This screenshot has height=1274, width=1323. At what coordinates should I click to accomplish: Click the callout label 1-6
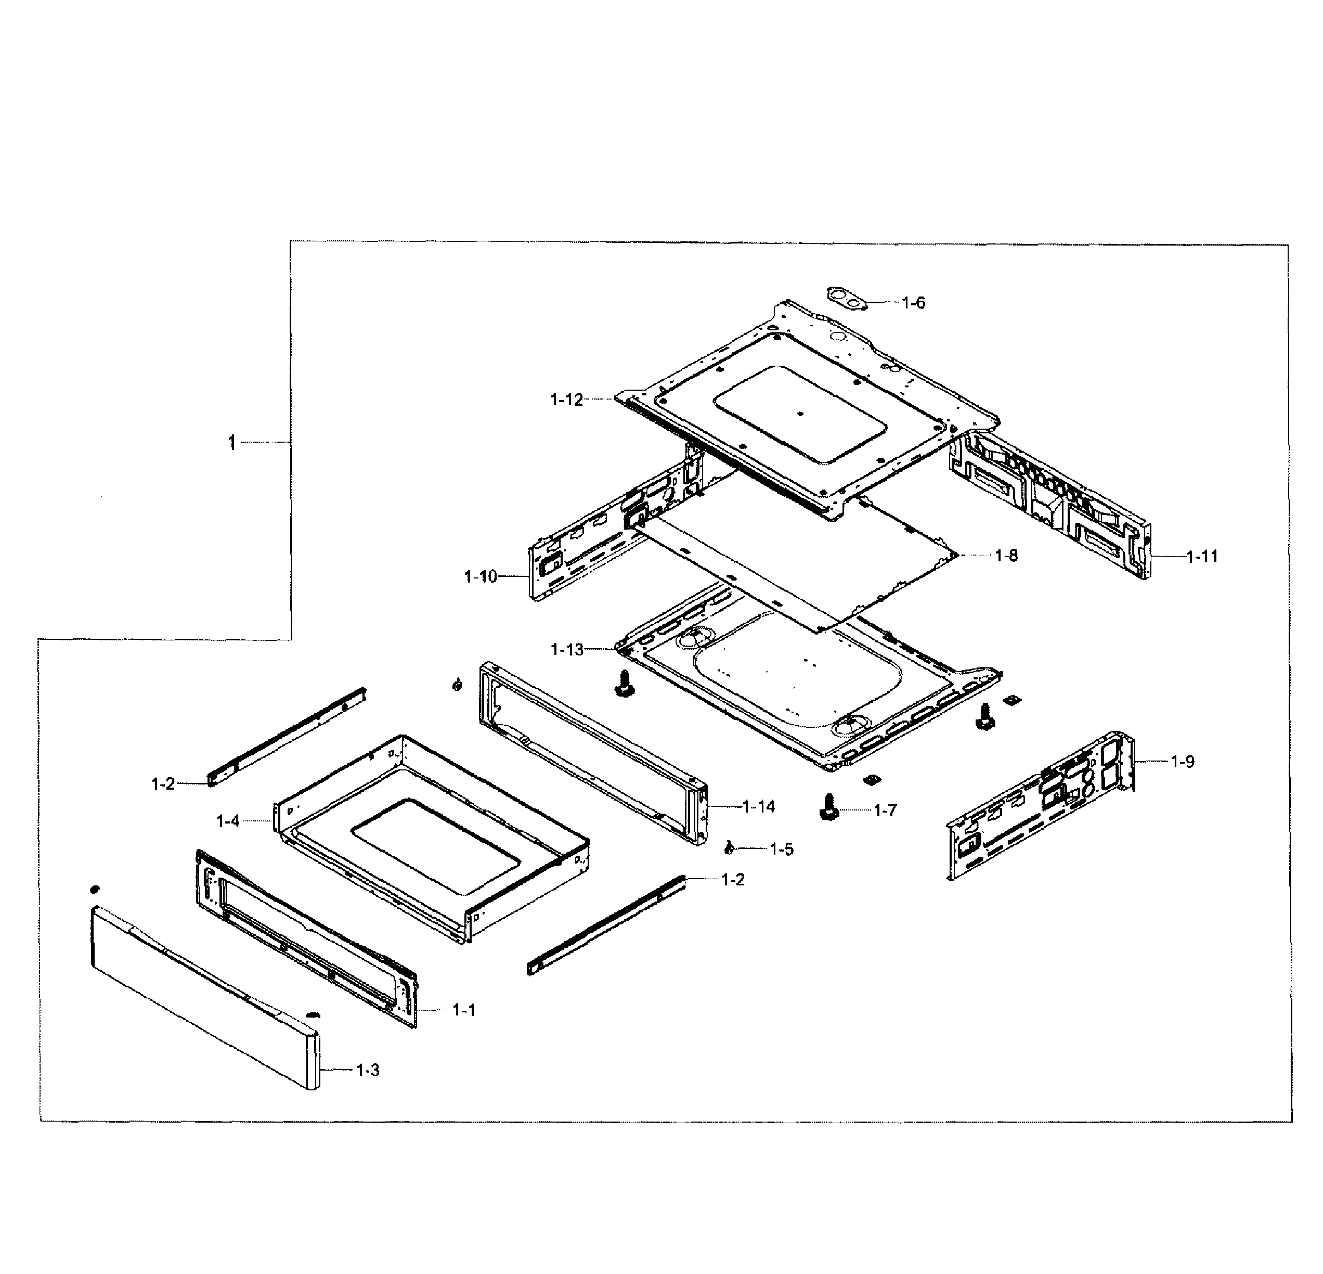pos(913,303)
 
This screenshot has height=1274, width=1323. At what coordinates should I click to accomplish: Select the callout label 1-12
pos(566,400)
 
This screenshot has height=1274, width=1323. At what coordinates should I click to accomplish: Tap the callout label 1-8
pos(1006,556)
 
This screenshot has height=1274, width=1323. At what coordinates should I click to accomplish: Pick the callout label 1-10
pos(481,576)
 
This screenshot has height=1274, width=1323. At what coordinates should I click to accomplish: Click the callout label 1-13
pos(567,650)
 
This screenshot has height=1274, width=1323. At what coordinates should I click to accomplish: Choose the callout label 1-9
pos(1182,762)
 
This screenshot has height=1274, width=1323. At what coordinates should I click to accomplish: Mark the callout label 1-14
pos(758,806)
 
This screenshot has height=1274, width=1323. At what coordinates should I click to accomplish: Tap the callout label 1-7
pos(885,811)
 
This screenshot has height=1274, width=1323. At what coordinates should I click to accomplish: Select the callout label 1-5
pos(782,850)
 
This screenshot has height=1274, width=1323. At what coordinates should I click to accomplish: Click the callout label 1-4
pos(228,821)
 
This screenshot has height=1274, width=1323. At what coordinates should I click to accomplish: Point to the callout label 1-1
pos(464,1010)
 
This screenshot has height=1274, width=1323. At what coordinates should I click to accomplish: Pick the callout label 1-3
pos(368,1070)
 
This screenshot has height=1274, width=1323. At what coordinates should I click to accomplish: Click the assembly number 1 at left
pos(231,443)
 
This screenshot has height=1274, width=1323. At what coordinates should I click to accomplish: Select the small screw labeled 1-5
pos(729,848)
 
